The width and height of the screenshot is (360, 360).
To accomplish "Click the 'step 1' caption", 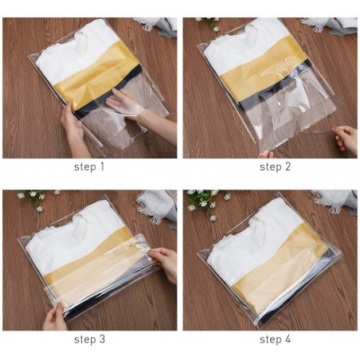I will point(89,167).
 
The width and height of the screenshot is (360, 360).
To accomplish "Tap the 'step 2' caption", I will point(270,167).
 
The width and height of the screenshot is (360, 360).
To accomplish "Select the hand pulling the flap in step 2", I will point(346,139).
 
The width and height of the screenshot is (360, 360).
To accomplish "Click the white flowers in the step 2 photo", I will point(209,23).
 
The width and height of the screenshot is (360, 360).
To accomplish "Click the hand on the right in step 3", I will point(164,263).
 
